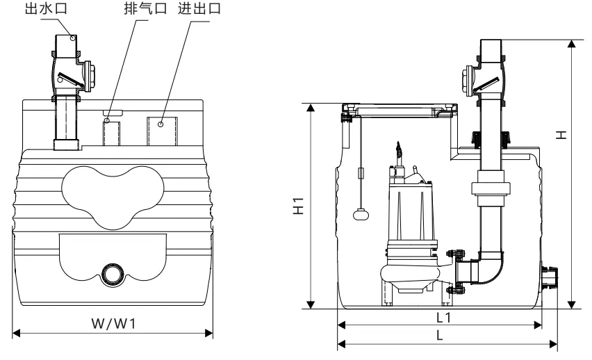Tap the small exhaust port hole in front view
point(107,121)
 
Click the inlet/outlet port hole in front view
point(160,124)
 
